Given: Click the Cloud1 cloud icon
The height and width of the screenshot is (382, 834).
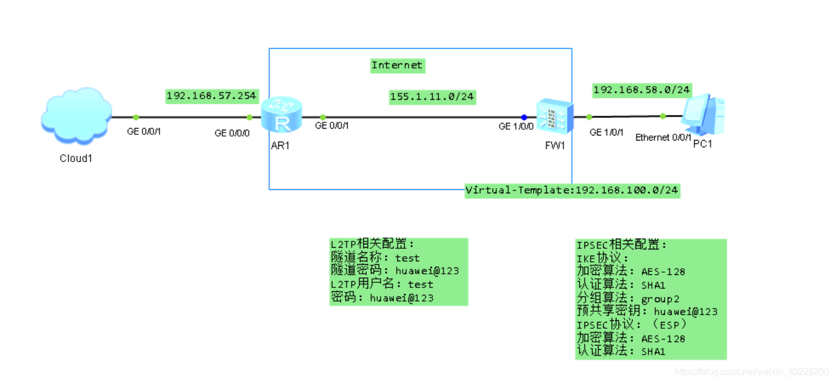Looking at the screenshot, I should [x=76, y=116].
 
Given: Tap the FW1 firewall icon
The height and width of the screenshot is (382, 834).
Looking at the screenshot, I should [x=554, y=116].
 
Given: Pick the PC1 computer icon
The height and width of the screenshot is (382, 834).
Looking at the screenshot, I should [x=703, y=113].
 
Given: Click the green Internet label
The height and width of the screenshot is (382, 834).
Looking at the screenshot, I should [x=397, y=65].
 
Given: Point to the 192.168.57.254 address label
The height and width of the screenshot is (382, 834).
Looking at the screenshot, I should [x=211, y=96].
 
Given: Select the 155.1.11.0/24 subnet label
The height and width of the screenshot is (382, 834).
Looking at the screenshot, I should [x=431, y=97].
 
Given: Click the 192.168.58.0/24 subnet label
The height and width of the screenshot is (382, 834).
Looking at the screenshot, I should [x=641, y=90].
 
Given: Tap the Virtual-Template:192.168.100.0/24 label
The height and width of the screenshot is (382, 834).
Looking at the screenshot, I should [x=571, y=190].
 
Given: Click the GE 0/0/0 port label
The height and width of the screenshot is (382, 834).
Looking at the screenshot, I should [x=232, y=133].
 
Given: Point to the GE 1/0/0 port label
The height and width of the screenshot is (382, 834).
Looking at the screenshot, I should [x=516, y=126].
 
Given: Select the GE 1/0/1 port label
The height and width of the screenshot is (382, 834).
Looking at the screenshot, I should [x=606, y=133].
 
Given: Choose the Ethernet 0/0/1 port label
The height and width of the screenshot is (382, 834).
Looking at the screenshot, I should [x=663, y=137].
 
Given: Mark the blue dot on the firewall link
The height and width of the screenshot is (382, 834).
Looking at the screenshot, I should [x=524, y=117].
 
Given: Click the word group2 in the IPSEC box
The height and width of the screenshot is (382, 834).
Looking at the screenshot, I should [x=660, y=299].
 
